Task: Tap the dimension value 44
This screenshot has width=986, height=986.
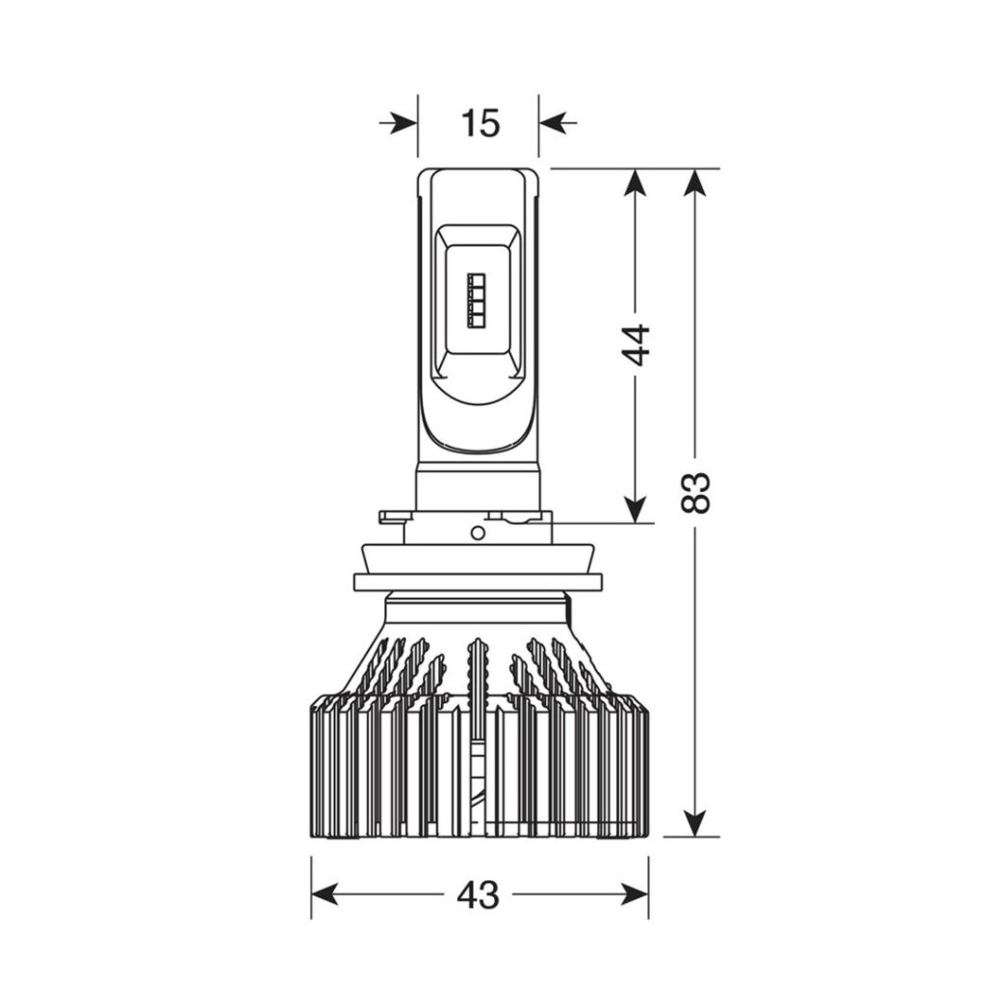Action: pos(636,345)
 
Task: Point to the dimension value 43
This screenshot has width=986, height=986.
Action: pos(479,894)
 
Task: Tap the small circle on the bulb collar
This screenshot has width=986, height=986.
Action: pos(478,533)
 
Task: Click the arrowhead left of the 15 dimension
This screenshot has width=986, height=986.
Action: pos(402,122)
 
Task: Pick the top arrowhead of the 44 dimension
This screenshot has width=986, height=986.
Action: pos(636,185)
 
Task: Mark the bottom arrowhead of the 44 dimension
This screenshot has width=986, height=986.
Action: pos(636,506)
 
